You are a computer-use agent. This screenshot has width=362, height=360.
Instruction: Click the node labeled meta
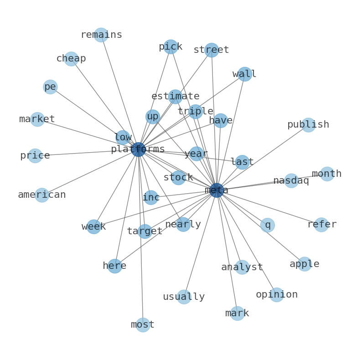coord(217,190)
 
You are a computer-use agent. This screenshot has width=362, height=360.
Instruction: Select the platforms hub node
coord(138,149)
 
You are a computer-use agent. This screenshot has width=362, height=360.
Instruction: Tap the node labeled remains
coord(101,35)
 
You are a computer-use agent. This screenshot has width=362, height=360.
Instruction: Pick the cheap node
coord(71,59)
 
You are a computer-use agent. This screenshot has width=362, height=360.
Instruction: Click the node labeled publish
coord(308,125)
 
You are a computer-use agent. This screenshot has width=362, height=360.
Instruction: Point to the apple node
coord(304,264)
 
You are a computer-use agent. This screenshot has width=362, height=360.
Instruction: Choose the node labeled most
coord(143,324)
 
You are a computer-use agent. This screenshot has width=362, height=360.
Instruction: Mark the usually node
coord(184,297)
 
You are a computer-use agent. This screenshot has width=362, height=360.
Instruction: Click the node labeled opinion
coord(276,294)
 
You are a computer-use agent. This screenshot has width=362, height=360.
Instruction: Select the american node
coord(42,195)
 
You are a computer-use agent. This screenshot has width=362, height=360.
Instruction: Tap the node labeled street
coord(211,50)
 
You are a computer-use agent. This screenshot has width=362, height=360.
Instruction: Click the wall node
coord(244,74)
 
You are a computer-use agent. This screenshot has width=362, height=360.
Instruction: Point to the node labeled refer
coord(321,224)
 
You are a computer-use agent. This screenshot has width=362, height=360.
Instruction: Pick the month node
coord(326,174)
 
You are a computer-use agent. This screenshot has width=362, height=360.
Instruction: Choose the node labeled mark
coord(237,313)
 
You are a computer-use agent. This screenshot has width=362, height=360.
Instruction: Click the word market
coord(37,119)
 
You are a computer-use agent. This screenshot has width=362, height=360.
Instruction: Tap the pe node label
coord(50,87)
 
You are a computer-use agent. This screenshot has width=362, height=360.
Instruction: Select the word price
coord(35,156)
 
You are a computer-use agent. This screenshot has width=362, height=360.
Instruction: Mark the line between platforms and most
coord(140,237)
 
